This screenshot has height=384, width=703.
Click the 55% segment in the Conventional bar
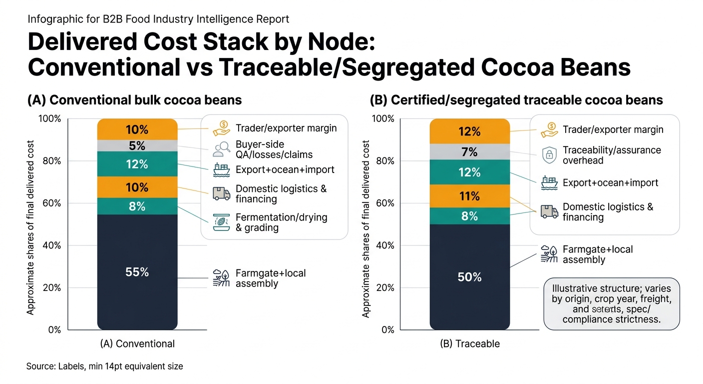point(137,272)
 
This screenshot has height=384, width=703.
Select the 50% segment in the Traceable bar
point(469,277)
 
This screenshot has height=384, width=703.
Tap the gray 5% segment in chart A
point(137,146)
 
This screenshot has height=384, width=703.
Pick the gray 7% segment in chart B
point(469,152)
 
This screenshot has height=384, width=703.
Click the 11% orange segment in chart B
point(469,196)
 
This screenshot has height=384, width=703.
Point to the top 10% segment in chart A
point(137,129)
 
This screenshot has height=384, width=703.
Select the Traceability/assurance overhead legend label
point(612,155)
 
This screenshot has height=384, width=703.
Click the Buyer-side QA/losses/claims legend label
point(273,149)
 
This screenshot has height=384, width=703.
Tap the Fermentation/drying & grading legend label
point(281,222)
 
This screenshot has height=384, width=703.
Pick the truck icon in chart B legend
point(549,212)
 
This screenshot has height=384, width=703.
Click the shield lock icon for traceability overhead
point(549,155)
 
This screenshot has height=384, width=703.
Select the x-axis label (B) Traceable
point(469,344)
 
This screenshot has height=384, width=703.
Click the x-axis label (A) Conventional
point(137,344)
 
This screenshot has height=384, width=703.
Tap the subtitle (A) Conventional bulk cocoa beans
point(134,100)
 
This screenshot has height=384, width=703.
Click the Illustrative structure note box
point(611,304)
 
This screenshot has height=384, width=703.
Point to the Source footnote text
point(105,366)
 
